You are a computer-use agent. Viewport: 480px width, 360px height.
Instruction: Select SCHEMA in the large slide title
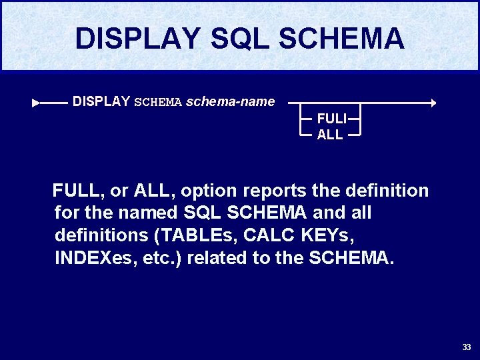tap(341, 38)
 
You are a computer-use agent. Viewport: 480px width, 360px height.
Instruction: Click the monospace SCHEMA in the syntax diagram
tap(158, 103)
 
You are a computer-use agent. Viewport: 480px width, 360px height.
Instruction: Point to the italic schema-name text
tap(230, 102)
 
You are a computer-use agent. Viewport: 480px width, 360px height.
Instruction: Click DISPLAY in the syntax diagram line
tap(101, 102)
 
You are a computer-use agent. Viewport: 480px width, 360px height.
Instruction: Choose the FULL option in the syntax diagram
tap(331, 119)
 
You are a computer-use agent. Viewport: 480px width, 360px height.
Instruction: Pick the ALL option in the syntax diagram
tap(330, 135)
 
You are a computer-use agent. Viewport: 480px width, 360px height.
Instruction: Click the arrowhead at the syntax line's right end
tap(433, 103)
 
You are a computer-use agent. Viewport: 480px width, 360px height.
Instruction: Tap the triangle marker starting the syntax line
tap(36, 103)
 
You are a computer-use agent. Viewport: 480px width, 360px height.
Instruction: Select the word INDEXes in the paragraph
tap(93, 259)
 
